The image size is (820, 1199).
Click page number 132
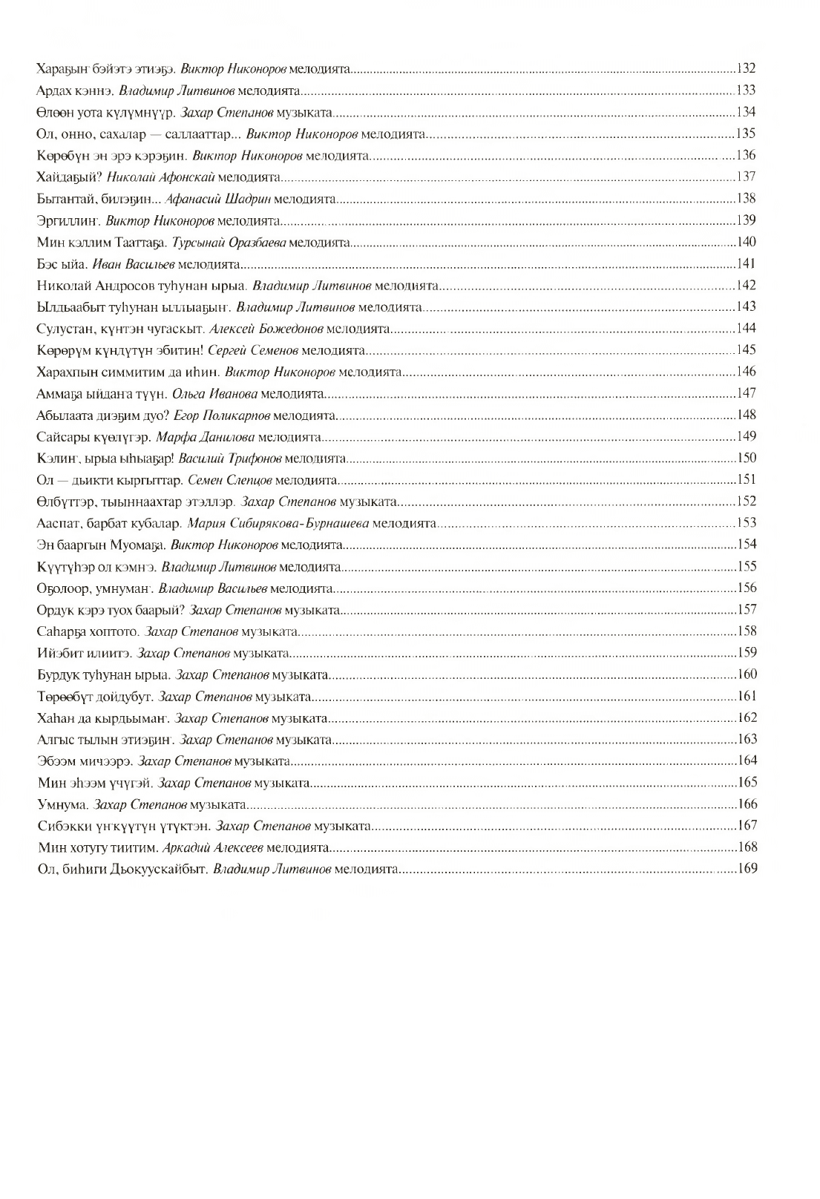747,69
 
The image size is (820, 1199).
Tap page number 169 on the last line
747,869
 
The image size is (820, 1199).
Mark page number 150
747,458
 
